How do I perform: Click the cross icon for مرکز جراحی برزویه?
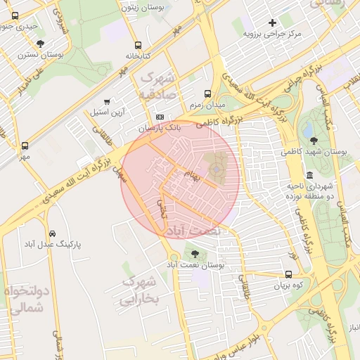click(x=272, y=22)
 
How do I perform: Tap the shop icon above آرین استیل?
click(x=107, y=101)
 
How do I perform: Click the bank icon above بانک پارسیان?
click(x=160, y=117)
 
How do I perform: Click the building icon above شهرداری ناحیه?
click(x=309, y=174)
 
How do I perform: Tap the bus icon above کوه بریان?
click(x=288, y=275)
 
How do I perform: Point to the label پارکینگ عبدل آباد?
click(x=53, y=244)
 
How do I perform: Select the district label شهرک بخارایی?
click(x=141, y=290)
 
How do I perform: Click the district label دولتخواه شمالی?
click(x=25, y=299)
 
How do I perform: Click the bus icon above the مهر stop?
click(x=25, y=145)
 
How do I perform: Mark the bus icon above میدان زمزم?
click(x=207, y=94)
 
